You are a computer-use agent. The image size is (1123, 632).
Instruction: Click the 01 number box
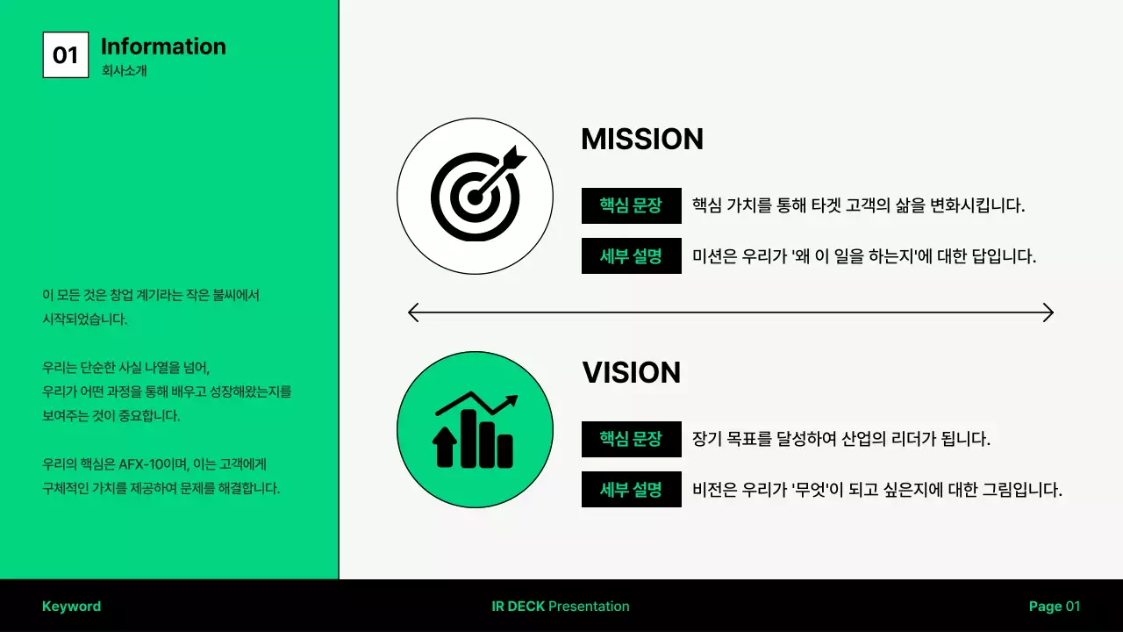(66, 55)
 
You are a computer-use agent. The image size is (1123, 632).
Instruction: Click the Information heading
(163, 47)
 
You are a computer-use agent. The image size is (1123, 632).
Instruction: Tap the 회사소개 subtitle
(124, 71)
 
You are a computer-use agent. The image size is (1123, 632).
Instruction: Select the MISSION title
(642, 140)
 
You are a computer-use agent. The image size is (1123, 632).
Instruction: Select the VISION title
(632, 373)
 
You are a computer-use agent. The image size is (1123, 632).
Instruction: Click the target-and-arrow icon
(476, 196)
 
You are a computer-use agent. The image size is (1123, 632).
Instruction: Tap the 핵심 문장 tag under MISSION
(631, 206)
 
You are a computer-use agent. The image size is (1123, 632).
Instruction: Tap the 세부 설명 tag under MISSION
(631, 256)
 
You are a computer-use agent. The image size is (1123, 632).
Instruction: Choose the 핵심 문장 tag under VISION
(631, 439)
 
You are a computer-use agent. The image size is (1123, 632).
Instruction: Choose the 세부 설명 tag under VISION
(631, 489)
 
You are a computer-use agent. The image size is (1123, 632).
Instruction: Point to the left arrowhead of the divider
(414, 312)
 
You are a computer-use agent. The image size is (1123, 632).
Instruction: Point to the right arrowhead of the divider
(1048, 312)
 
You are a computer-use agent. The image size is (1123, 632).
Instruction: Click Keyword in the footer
(71, 607)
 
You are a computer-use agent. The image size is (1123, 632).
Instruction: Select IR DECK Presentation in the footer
(561, 607)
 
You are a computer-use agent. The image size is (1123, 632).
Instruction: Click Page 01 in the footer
(1055, 607)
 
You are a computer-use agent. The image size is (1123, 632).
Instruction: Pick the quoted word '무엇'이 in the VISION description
(817, 490)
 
